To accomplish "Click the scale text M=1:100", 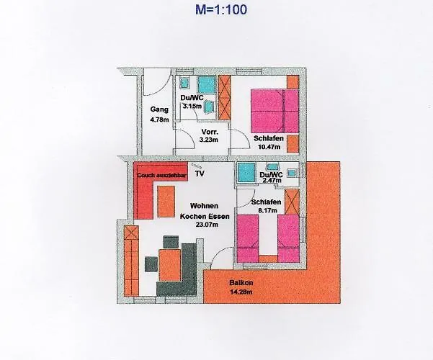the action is (221, 9).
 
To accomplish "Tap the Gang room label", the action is (159, 109).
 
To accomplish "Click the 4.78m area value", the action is (160, 120).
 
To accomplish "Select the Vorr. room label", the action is (210, 132).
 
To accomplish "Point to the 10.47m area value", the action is (269, 147).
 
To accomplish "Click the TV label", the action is (200, 174).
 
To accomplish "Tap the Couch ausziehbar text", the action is (162, 175).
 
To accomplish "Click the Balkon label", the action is (241, 283).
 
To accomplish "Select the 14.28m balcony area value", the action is (241, 292).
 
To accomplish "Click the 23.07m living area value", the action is (207, 225).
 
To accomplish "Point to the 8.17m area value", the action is (267, 211).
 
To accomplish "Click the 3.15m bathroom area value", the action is (192, 107).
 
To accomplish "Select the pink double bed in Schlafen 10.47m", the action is (274, 111).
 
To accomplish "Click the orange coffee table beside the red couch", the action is (166, 202).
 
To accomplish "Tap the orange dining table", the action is (169, 265).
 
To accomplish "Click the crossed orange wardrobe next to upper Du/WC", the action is (225, 97).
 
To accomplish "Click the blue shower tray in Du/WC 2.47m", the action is (246, 172).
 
